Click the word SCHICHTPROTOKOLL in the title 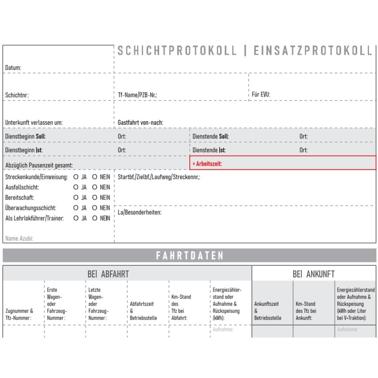coord(177,51)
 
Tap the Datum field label coord(13,68)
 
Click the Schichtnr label coord(17,95)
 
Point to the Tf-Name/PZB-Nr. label coord(137,95)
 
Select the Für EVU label coord(261,94)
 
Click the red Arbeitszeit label coord(207,164)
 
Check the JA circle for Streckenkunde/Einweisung coord(76,177)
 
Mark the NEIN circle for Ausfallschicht coord(95,187)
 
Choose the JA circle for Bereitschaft coord(76,197)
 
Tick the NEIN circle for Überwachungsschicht coord(95,208)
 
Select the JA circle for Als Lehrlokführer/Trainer coord(76,218)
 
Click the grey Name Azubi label coord(19,239)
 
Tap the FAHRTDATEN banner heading coord(190,256)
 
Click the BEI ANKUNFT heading coord(313,274)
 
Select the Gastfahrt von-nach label coord(140,123)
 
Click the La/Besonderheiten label coord(139,212)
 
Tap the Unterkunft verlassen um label coord(34,123)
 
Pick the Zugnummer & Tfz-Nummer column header coord(19,314)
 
